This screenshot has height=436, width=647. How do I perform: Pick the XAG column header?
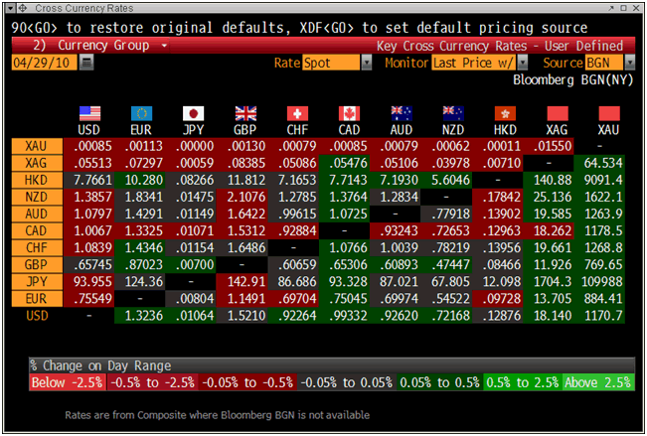(558, 130)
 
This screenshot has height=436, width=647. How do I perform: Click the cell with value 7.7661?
(90, 180)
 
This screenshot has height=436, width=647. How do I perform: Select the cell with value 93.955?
(90, 281)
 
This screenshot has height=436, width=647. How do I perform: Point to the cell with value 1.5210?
(245, 315)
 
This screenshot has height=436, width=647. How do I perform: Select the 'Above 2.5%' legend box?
(597, 382)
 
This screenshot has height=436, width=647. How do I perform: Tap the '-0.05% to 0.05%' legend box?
(347, 382)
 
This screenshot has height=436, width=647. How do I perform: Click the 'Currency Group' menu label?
(103, 46)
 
